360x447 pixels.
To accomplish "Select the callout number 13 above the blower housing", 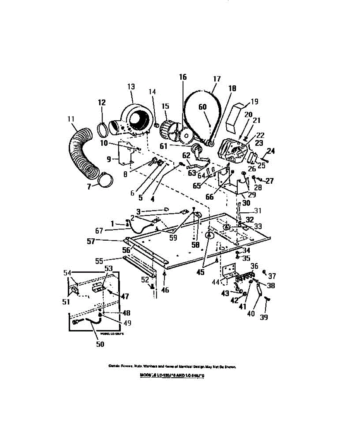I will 131,86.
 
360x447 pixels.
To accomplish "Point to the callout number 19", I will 254,101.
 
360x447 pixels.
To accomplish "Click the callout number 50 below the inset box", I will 100,344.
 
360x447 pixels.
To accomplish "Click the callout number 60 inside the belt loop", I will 202,107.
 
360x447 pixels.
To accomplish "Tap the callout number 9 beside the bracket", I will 109,159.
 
